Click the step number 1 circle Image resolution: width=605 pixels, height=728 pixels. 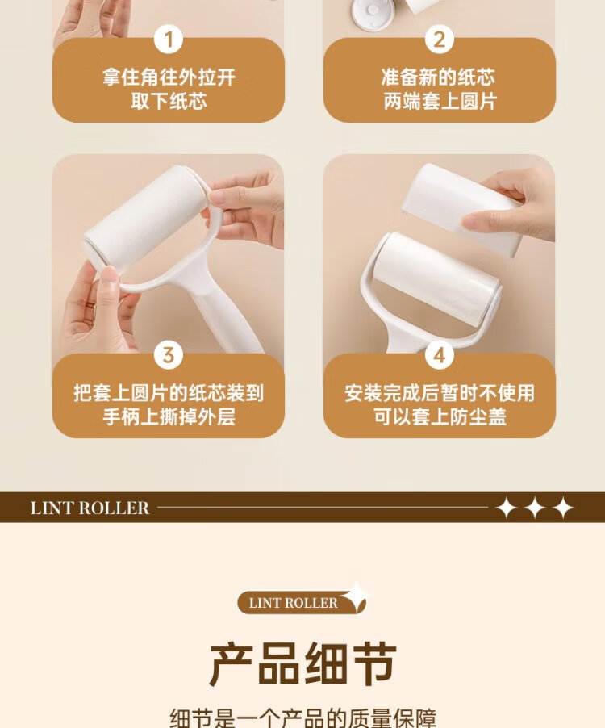click(x=169, y=40)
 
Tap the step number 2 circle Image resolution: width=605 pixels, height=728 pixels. click(x=440, y=40)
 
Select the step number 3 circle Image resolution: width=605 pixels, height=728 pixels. click(x=169, y=355)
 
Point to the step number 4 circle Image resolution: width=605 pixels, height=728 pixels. click(x=440, y=355)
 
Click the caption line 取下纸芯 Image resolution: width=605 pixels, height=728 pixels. click(x=169, y=101)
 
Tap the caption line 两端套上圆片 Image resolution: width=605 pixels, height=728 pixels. click(x=440, y=101)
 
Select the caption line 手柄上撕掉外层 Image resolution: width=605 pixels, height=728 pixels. click(x=169, y=416)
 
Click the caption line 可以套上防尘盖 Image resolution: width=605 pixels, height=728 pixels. click(x=440, y=416)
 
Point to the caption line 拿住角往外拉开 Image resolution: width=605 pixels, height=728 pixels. click(x=169, y=77)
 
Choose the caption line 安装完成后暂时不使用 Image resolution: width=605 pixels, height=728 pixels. click(x=440, y=393)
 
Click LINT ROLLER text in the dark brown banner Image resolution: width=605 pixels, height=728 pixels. click(x=90, y=508)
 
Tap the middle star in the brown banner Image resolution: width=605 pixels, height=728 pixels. click(x=535, y=508)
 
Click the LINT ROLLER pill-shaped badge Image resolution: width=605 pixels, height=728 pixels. click(x=302, y=603)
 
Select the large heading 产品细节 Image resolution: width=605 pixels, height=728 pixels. click(x=302, y=664)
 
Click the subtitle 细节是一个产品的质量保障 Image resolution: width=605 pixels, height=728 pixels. click(x=302, y=718)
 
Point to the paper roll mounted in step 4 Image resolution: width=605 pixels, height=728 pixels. click(x=436, y=279)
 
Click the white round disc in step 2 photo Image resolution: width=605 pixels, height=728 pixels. click(x=373, y=14)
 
